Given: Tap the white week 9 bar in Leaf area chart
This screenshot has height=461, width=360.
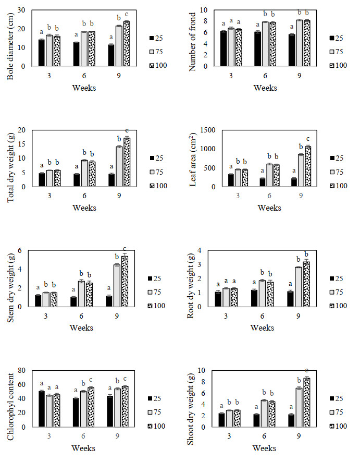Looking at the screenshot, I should click(301, 170).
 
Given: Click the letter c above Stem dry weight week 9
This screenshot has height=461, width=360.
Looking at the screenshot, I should click(125, 249).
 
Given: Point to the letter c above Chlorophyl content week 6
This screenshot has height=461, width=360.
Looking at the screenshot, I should click(91, 380).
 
